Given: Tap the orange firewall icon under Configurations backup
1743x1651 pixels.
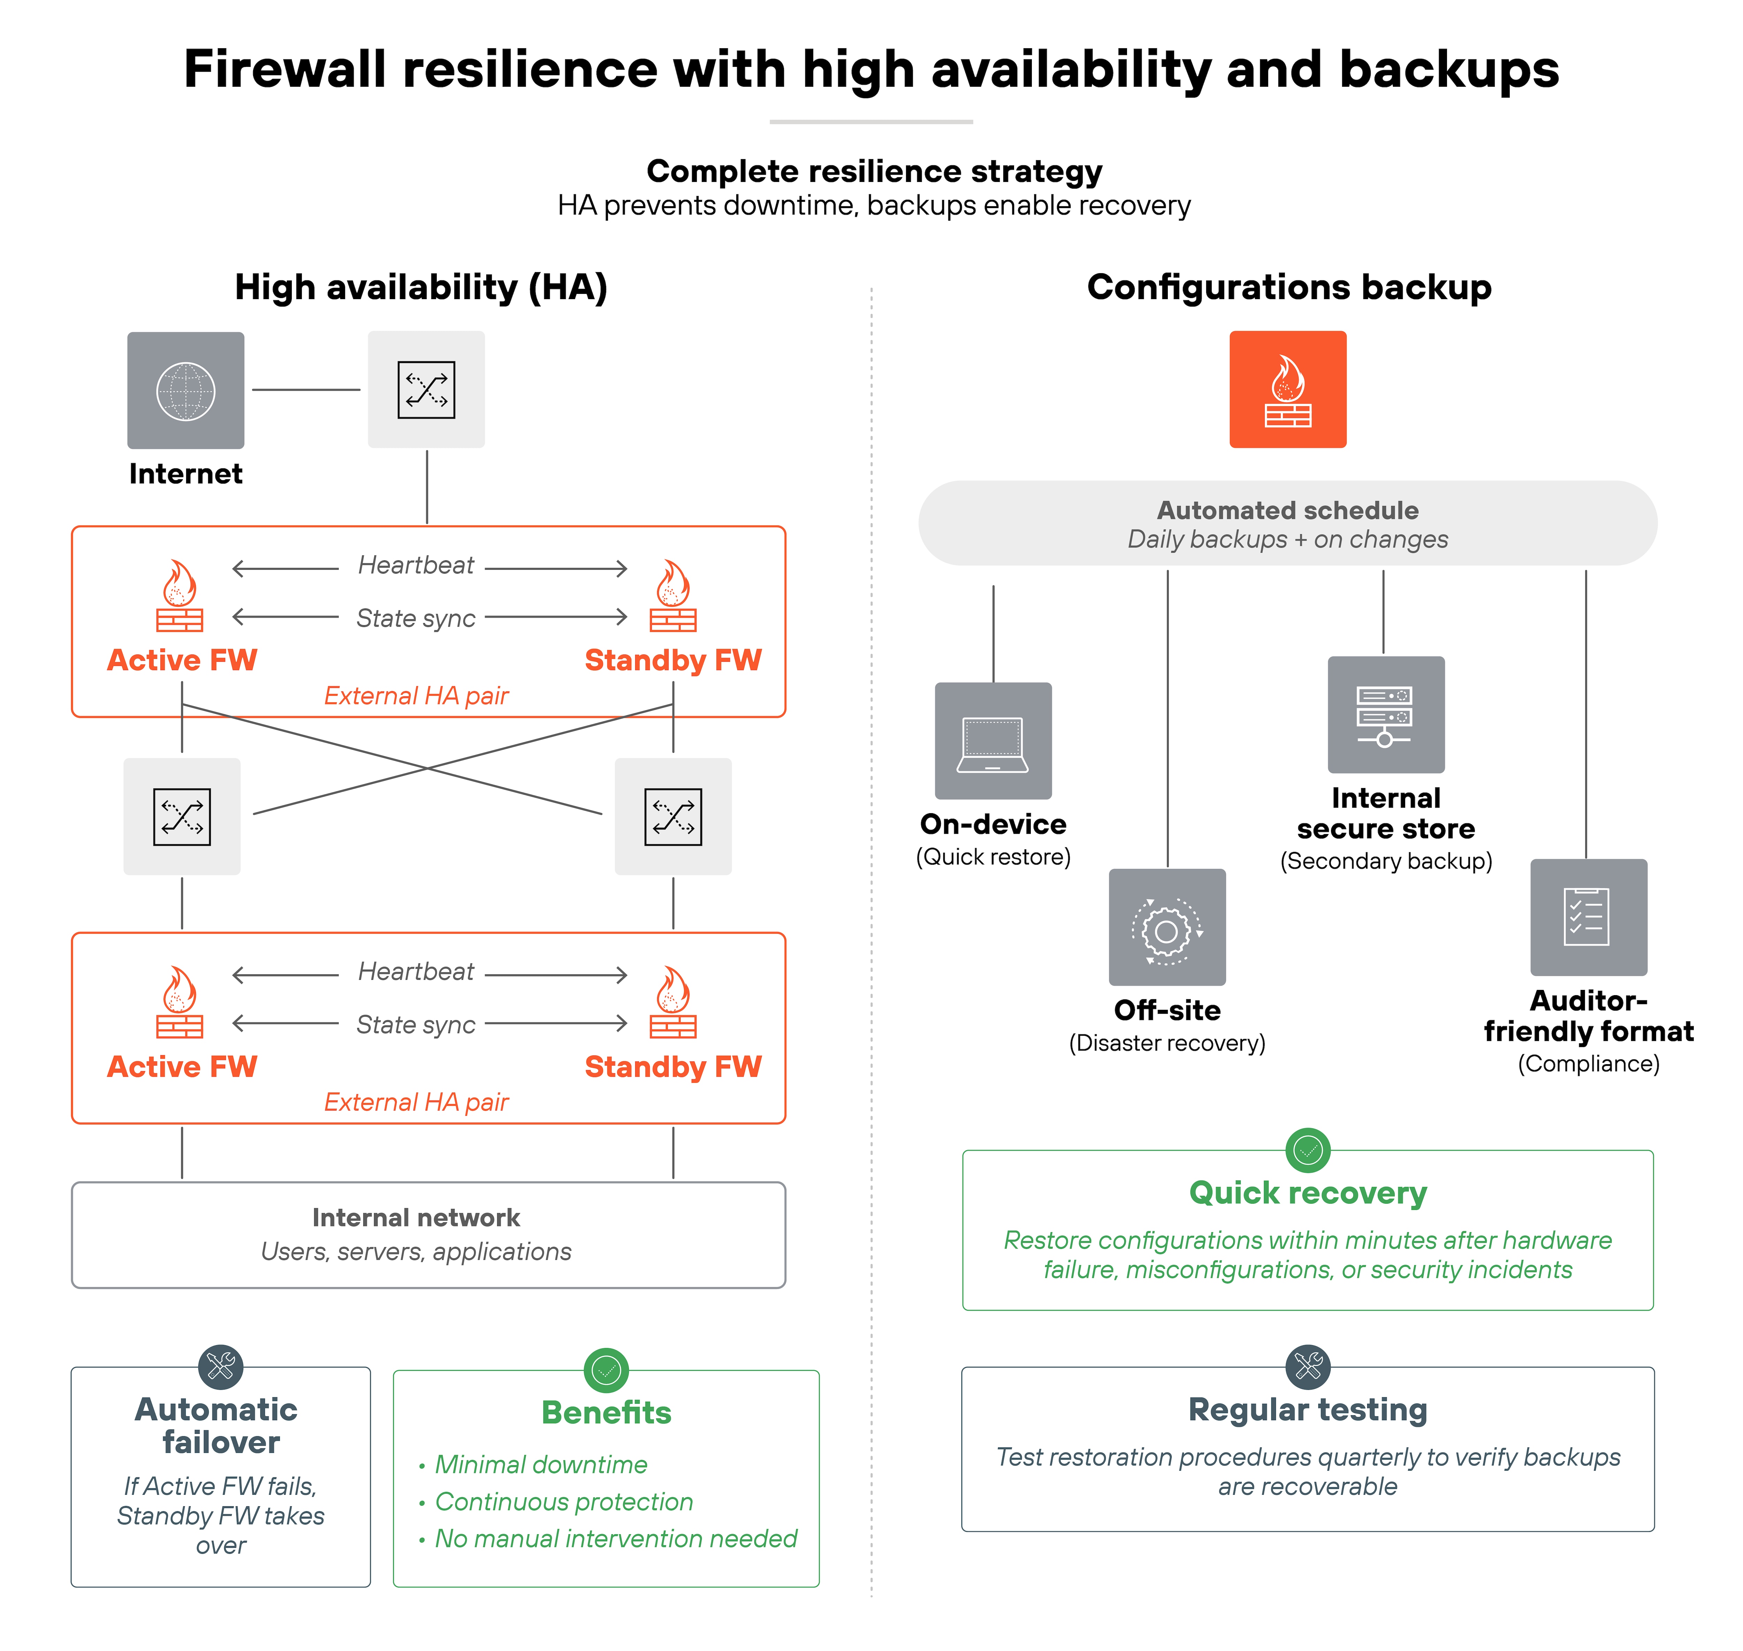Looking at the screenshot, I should (x=1287, y=390).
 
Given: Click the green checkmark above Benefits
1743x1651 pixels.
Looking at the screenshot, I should (x=606, y=1369).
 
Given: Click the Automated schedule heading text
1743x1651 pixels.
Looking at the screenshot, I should (x=1287, y=510).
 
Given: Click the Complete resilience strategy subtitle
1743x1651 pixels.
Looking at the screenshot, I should (x=874, y=172).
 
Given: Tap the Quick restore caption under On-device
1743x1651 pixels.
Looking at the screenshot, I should (x=992, y=857).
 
